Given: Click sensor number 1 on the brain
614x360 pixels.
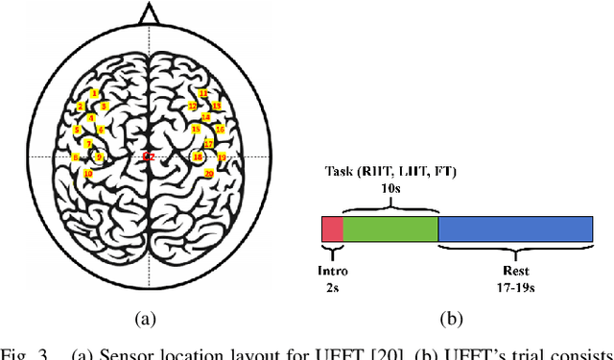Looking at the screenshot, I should (x=95, y=93).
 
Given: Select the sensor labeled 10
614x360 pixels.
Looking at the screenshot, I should (x=88, y=174).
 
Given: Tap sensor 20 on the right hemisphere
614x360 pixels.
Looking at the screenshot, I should (x=209, y=174).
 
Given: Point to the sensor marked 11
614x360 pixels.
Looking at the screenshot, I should (x=202, y=93).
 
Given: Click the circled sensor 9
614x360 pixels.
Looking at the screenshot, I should (x=98, y=157).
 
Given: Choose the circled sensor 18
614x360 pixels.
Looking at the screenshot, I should (x=198, y=156).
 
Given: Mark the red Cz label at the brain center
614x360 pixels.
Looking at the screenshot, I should (x=148, y=156).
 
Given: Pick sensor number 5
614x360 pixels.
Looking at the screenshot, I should (x=77, y=130).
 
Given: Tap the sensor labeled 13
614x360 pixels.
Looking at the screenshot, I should (x=217, y=106).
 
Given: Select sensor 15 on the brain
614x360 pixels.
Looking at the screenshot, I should (x=196, y=130).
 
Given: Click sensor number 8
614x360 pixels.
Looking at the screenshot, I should (x=76, y=156).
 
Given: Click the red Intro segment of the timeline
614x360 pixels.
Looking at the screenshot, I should (x=332, y=228).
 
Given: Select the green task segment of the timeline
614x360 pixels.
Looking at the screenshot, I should (x=390, y=228).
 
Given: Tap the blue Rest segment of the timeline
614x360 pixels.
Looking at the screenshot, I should (x=515, y=228).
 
